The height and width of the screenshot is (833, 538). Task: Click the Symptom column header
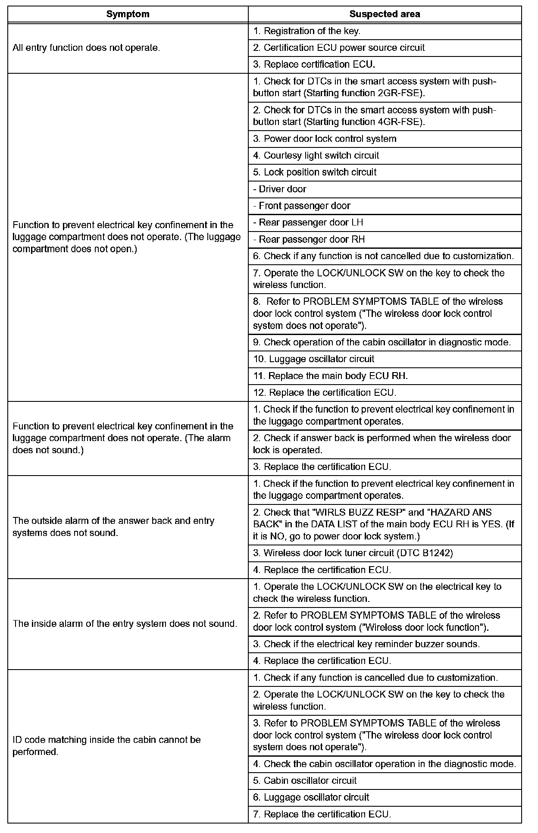click(128, 14)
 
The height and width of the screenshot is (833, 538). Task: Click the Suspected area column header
click(385, 14)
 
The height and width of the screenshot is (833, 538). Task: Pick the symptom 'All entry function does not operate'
click(86, 48)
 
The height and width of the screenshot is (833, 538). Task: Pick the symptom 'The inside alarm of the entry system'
click(125, 624)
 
